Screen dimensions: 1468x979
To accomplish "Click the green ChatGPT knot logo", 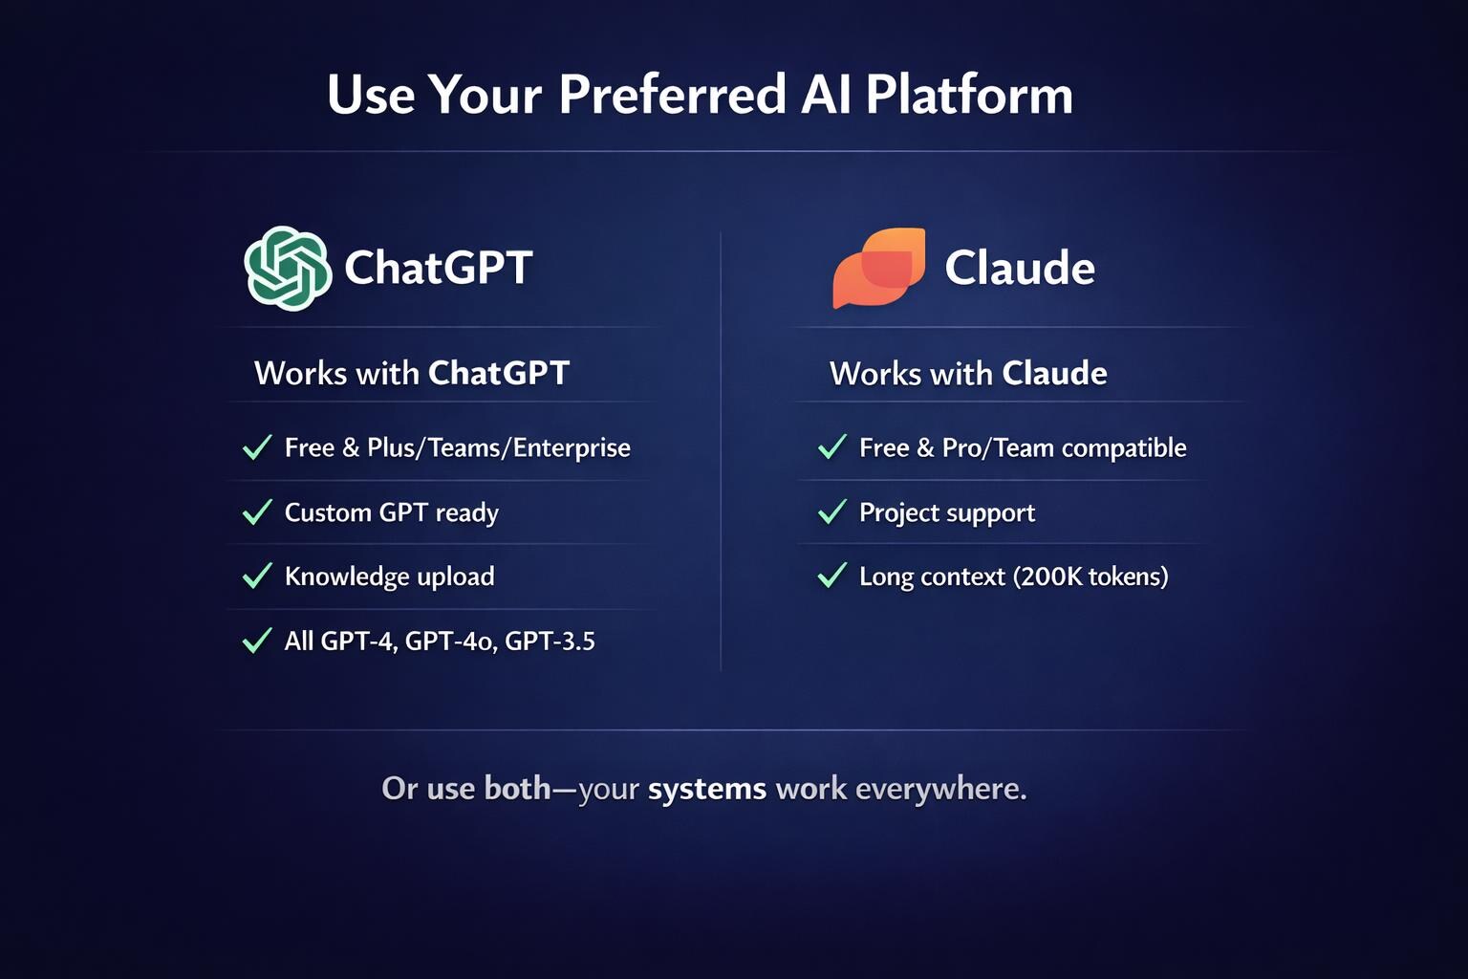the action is pos(288,269).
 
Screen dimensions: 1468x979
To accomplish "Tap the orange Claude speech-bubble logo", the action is pos(879,268).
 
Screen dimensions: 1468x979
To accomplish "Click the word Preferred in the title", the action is pos(672,95).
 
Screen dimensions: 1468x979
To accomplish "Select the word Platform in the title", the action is pos(969,95).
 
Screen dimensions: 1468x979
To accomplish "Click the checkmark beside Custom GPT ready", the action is pos(257,512).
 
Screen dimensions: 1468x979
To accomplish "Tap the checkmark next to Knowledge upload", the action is pos(257,576).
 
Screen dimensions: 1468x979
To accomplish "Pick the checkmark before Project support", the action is pos(832,512).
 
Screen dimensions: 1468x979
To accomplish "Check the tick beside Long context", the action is pos(832,576).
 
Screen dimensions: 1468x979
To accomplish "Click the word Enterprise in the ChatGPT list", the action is pos(572,448).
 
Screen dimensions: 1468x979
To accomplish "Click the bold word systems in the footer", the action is pos(707,788).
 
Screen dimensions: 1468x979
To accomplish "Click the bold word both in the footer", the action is pos(518,788).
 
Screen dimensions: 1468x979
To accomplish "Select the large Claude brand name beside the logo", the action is pos(1020,268).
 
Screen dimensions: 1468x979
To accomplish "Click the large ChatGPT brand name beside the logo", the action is pos(439,268).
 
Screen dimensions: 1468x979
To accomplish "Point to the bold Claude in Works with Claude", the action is pos(1054,373).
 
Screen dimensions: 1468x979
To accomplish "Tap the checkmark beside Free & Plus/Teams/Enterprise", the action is pos(257,447).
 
